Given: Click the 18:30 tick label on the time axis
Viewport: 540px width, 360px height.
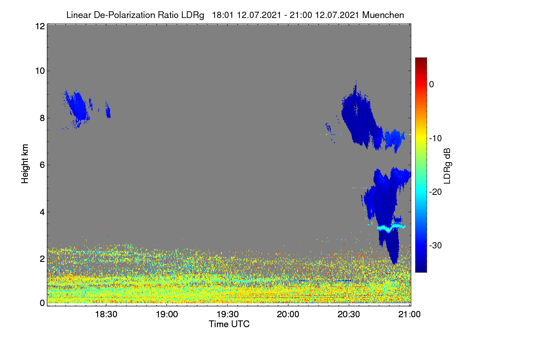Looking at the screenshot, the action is click(x=106, y=315).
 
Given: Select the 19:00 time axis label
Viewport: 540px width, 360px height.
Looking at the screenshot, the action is click(x=167, y=315).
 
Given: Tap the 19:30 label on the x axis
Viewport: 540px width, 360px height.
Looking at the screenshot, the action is click(x=228, y=315).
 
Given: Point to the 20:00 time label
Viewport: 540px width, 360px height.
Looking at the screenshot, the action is click(x=288, y=315).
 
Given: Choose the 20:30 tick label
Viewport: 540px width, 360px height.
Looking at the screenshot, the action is click(x=349, y=315).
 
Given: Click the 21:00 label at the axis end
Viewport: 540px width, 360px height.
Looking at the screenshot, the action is click(x=409, y=315).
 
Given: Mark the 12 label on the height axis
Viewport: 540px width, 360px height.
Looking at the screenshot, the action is click(x=40, y=26).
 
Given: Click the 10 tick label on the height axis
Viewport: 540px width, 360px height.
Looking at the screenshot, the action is click(x=40, y=71).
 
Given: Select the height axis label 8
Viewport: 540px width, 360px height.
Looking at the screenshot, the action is click(x=42, y=118).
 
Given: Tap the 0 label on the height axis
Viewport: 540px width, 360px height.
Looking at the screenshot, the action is click(x=42, y=303).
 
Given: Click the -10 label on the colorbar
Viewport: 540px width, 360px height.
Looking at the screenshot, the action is click(x=436, y=139).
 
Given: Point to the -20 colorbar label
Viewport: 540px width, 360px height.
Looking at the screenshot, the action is click(x=436, y=192).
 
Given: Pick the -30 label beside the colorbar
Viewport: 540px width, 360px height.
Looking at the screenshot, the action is click(x=436, y=245).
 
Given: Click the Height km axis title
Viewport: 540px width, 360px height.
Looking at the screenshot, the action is click(x=25, y=164).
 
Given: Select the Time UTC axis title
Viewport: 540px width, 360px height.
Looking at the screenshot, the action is click(x=229, y=324).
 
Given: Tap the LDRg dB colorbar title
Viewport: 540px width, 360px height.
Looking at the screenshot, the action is click(x=447, y=166).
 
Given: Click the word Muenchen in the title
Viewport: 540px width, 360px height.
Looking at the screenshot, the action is click(x=383, y=15).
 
